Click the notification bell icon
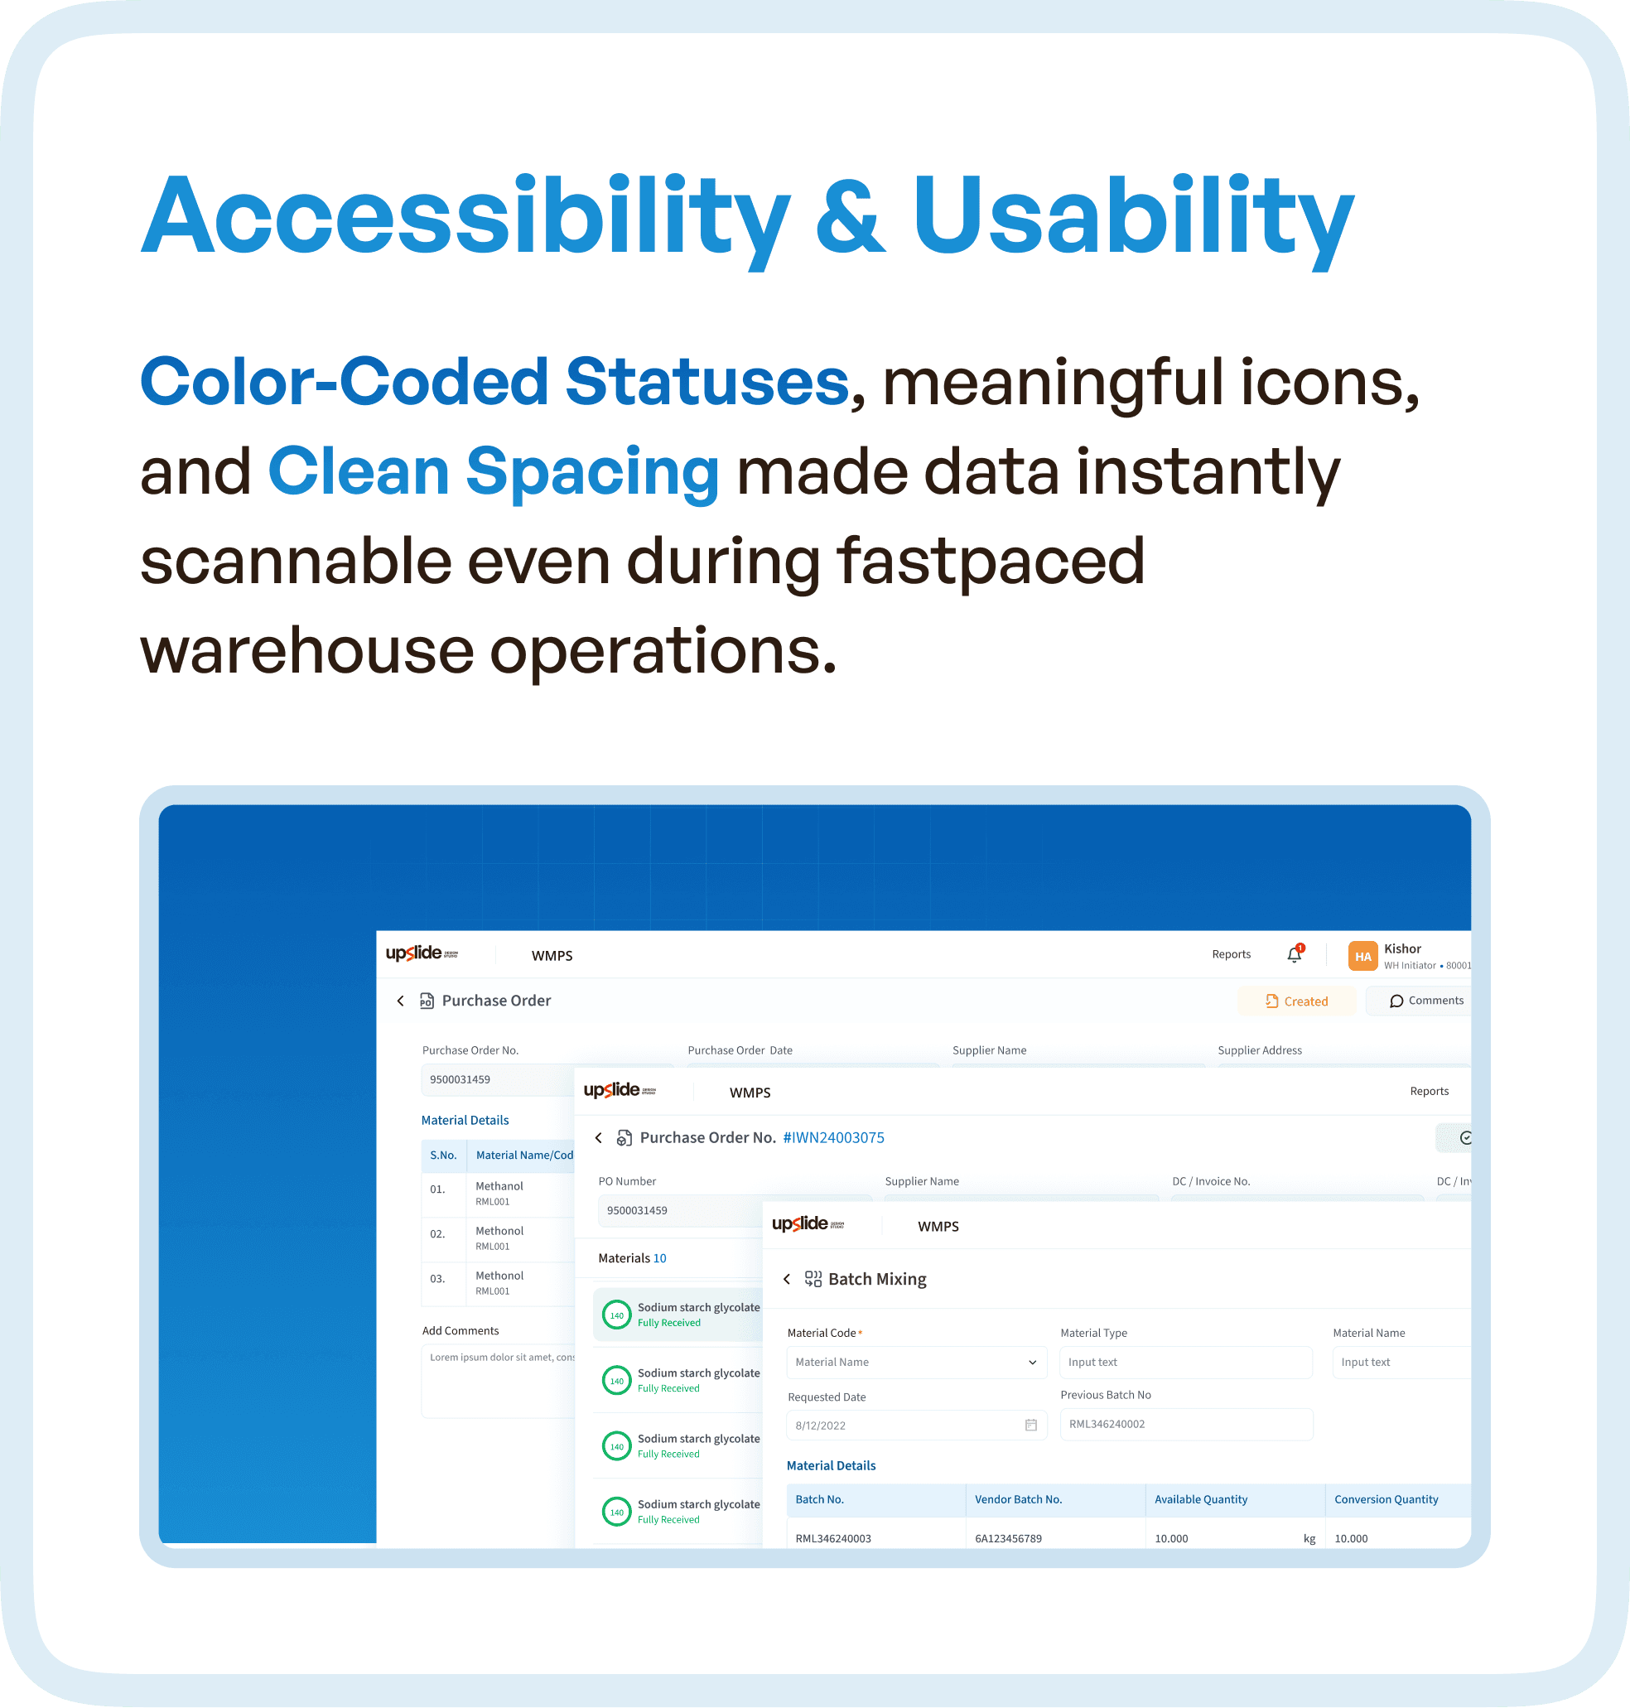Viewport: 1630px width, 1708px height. [1294, 955]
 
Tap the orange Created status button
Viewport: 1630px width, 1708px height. [1295, 1001]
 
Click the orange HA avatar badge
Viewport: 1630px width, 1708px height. [1362, 956]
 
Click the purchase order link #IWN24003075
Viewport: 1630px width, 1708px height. [833, 1137]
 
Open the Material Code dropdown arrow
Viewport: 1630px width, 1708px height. [1032, 1363]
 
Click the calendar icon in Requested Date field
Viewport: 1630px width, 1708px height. [1030, 1425]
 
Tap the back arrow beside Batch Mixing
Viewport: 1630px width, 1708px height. [787, 1279]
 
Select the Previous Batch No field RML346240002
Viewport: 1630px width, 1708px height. [1185, 1424]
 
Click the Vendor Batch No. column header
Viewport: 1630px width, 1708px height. [1017, 1499]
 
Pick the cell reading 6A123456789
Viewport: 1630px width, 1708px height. [1008, 1538]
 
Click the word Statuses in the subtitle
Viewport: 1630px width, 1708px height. [706, 382]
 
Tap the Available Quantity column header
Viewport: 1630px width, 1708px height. [1200, 1499]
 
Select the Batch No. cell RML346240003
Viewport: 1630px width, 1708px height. [832, 1538]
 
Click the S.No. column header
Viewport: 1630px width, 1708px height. [443, 1155]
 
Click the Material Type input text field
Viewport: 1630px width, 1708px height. [1185, 1363]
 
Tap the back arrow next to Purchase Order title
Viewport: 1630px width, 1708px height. [401, 1001]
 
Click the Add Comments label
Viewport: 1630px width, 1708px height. [461, 1330]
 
